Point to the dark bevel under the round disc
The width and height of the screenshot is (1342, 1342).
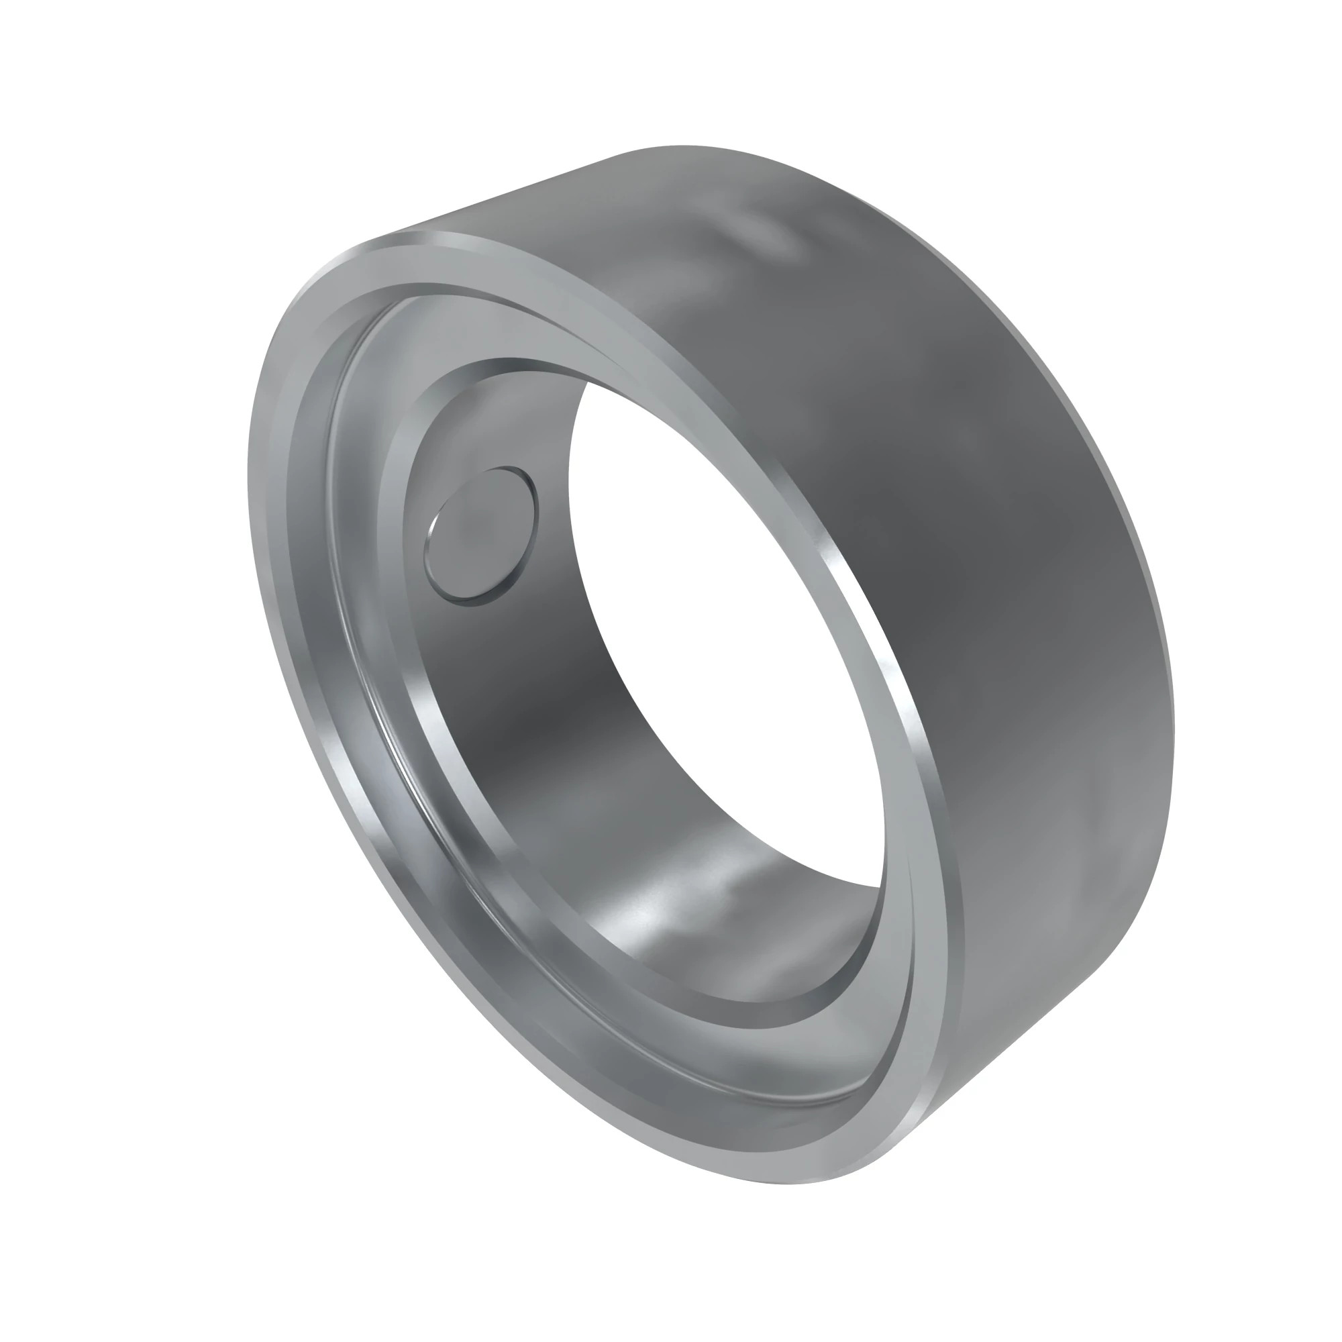point(486,599)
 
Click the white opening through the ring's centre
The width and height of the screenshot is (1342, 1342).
point(723,625)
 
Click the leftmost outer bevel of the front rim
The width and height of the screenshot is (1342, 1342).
point(254,486)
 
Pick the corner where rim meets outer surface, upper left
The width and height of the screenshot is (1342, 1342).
point(375,240)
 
